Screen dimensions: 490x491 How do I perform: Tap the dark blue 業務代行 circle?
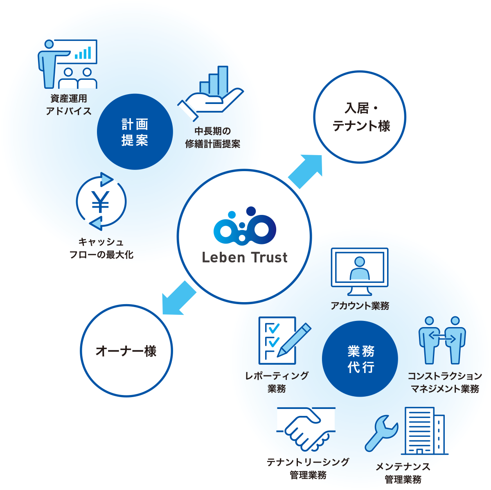(x=360, y=359)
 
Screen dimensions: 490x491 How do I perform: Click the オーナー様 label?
(x=126, y=351)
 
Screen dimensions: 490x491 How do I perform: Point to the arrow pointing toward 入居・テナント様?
(x=306, y=171)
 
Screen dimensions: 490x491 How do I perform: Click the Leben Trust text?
(x=245, y=257)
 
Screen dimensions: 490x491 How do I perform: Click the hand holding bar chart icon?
(x=211, y=92)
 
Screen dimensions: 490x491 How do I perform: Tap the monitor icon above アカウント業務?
(x=359, y=271)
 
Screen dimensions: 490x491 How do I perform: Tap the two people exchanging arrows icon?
(x=442, y=340)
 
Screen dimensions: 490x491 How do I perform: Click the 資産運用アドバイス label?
(x=69, y=105)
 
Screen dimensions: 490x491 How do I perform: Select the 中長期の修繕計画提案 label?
(x=212, y=138)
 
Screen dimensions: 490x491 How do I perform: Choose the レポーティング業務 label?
(x=277, y=382)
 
